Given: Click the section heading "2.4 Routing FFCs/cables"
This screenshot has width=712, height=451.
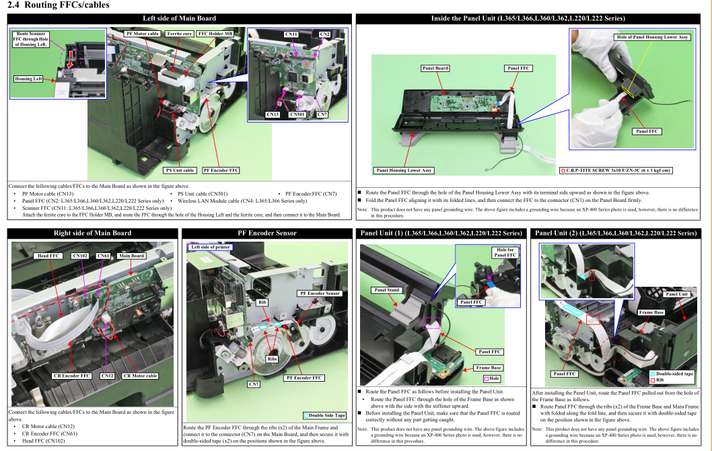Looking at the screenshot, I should point(57,5).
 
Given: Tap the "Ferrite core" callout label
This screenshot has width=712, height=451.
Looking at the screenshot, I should point(179,33).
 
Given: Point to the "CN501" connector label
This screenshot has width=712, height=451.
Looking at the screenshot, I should point(297,114).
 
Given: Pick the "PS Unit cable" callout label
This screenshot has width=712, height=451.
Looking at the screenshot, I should point(180,170).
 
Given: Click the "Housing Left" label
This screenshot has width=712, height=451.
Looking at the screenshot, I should point(29,79).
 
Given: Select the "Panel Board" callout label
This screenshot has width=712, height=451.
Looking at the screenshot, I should point(435,68).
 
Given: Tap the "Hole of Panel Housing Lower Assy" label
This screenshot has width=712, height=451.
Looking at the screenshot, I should point(652,38).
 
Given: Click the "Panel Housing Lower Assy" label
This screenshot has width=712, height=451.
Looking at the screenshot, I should point(404,170).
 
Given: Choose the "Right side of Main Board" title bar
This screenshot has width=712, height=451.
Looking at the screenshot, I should point(93,233).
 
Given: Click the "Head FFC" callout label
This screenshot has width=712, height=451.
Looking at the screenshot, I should point(48,256).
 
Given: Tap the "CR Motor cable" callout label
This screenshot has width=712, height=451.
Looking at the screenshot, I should point(140,376).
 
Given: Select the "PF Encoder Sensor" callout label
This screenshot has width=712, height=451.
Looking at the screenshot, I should point(319,293).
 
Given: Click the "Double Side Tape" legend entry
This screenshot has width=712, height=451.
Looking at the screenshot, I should point(326,415).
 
